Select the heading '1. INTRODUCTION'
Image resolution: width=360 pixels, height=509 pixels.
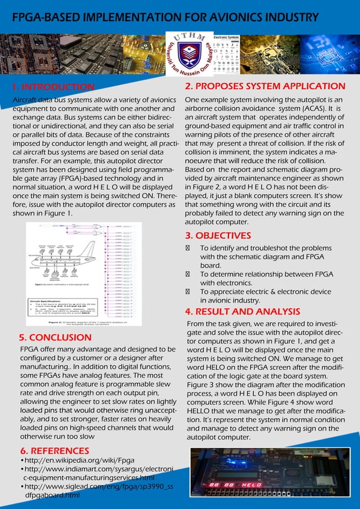(54, 87)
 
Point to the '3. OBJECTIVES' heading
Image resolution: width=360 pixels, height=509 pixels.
(218, 235)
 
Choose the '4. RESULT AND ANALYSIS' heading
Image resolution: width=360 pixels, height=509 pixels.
(243, 311)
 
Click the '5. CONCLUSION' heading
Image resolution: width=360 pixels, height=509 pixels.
(55, 337)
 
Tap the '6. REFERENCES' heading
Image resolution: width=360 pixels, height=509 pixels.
(54, 450)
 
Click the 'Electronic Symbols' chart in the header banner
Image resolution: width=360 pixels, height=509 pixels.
(226, 54)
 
